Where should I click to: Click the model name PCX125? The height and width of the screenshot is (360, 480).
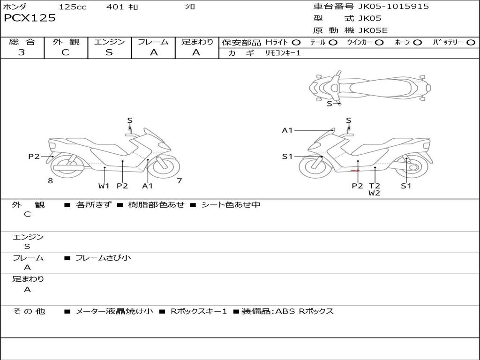click(x=30, y=18)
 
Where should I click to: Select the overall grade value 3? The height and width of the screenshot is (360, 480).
click(x=22, y=52)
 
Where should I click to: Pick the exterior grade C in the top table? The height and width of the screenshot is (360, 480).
click(x=65, y=52)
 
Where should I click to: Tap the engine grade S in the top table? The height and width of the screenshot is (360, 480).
click(x=109, y=52)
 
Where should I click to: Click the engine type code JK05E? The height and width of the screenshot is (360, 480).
click(x=373, y=30)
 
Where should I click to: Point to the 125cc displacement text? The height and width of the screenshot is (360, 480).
click(x=73, y=7)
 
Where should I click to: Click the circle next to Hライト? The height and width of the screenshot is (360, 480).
click(x=296, y=42)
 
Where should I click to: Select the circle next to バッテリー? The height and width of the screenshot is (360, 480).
click(x=471, y=42)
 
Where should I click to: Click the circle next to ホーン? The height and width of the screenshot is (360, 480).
click(x=417, y=42)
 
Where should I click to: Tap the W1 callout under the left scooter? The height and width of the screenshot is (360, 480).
click(x=104, y=186)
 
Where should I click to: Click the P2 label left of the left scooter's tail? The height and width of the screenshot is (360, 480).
click(x=34, y=157)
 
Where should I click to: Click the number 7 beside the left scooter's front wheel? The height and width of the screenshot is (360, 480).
click(x=179, y=180)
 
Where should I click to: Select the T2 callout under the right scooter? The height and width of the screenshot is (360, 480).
click(x=374, y=186)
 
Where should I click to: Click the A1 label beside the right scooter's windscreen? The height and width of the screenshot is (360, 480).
click(x=287, y=130)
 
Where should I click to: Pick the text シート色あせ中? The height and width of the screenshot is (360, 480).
click(x=231, y=205)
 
